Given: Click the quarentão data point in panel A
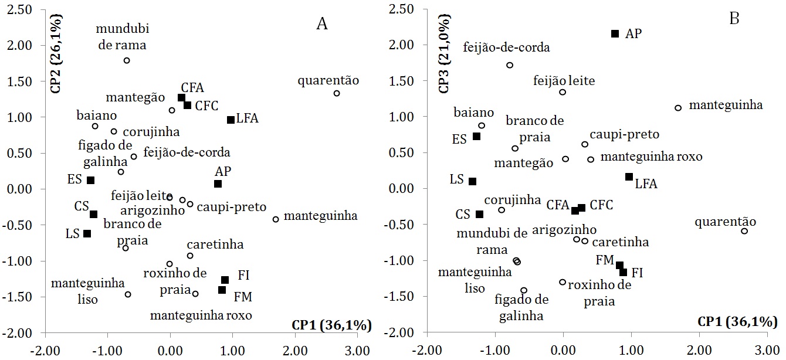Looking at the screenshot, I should point(337,93).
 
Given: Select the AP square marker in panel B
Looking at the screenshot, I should point(615,33).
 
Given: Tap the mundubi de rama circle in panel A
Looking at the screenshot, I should point(127,60).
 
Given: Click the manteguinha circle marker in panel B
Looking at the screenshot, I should point(678,108).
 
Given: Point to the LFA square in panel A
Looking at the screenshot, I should point(231,120).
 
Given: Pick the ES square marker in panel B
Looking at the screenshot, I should point(476,136).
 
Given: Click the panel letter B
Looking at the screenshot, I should point(734,18).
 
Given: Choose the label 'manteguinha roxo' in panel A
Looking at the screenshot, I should point(201,315).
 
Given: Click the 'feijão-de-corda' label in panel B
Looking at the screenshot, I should point(506,47).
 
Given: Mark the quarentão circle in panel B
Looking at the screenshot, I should point(744,231).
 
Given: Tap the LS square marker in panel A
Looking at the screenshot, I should point(87,233).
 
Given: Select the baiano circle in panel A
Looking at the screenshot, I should point(95,126).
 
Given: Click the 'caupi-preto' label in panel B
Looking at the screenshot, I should point(628,135).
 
